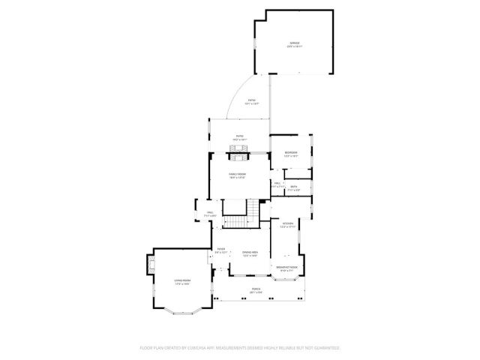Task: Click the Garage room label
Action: pos(294,43)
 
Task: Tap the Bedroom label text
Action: pos(291,152)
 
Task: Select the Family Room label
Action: pos(238,173)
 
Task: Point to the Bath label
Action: pos(294,187)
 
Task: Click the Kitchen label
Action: pos(287,223)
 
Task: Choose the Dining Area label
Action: pos(250,252)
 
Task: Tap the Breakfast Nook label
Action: pos(287,267)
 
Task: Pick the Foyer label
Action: pos(221,249)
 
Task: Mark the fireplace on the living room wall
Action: pos(150,264)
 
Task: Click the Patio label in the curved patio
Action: pos(253,100)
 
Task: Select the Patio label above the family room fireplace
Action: pos(239,136)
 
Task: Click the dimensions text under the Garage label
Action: pos(294,46)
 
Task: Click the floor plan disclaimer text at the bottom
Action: pos(240,348)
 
